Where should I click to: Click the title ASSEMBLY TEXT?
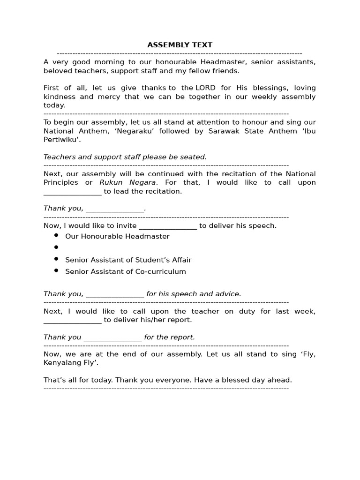[x=180, y=45]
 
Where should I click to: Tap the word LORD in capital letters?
[x=206, y=88]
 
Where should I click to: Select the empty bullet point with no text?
[x=56, y=247]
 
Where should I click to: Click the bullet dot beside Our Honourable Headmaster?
[x=56, y=235]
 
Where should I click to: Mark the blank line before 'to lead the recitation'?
[x=72, y=192]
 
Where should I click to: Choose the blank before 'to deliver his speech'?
[x=168, y=226]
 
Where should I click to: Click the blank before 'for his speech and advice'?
[x=115, y=295]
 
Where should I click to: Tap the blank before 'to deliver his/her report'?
[x=72, y=321]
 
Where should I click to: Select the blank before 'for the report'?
[x=112, y=338]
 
